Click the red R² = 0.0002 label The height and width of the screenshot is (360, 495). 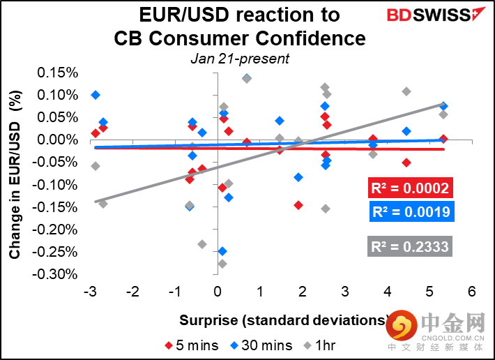[409, 188]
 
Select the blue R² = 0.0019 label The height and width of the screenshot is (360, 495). [409, 212]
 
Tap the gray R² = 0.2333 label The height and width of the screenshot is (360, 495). [409, 246]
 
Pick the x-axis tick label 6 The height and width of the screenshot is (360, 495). [472, 291]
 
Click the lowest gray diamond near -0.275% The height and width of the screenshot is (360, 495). [222, 264]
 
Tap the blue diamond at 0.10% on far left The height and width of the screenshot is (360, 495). [96, 95]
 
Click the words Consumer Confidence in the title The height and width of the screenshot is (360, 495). [240, 38]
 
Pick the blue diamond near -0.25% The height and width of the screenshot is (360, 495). [222, 251]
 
